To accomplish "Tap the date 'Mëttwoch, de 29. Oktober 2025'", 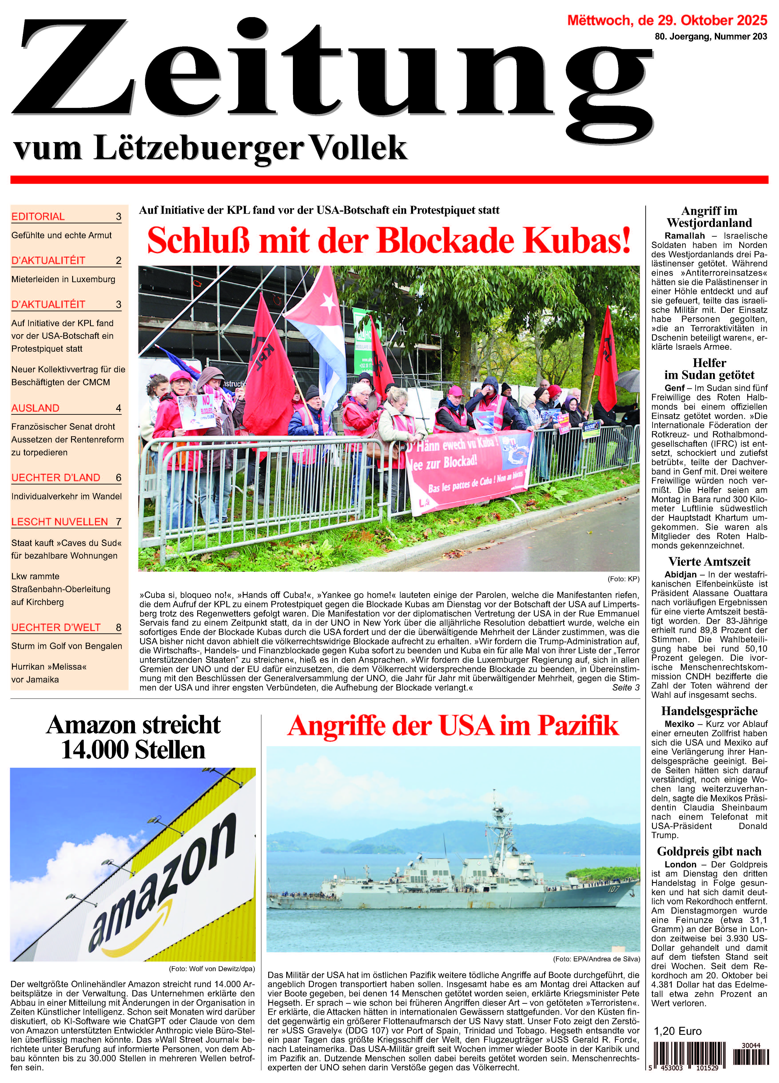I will [x=667, y=20].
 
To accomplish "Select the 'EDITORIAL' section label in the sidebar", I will [x=38, y=216].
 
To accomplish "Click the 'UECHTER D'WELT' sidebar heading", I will [x=56, y=627].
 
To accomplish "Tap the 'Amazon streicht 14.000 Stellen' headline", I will [x=133, y=737].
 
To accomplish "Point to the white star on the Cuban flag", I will [x=328, y=301].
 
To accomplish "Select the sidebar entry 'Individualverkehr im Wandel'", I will [x=66, y=496].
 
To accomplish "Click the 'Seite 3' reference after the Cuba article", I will [x=625, y=687].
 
